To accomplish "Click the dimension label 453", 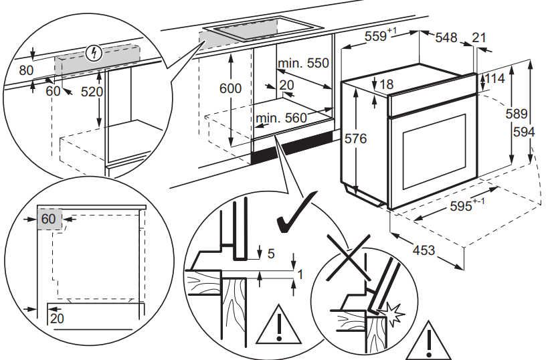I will (x=423, y=251).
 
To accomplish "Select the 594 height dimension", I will (x=524, y=133).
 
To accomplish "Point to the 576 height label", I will (x=356, y=139).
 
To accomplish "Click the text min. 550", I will (x=304, y=64).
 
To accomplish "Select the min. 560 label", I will (x=280, y=118).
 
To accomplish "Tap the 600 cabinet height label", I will (x=230, y=88).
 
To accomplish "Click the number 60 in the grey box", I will (x=48, y=219).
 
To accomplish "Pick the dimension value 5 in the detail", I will (x=271, y=254).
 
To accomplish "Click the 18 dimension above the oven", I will (x=385, y=84).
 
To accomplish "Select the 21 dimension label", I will (x=479, y=38).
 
